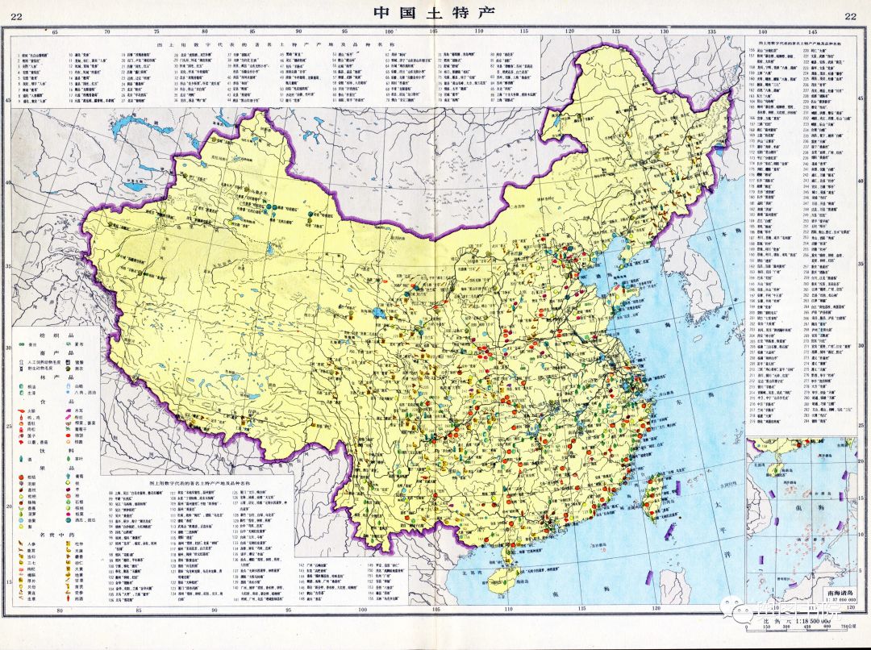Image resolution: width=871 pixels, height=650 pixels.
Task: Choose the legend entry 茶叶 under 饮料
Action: point(80,454)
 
